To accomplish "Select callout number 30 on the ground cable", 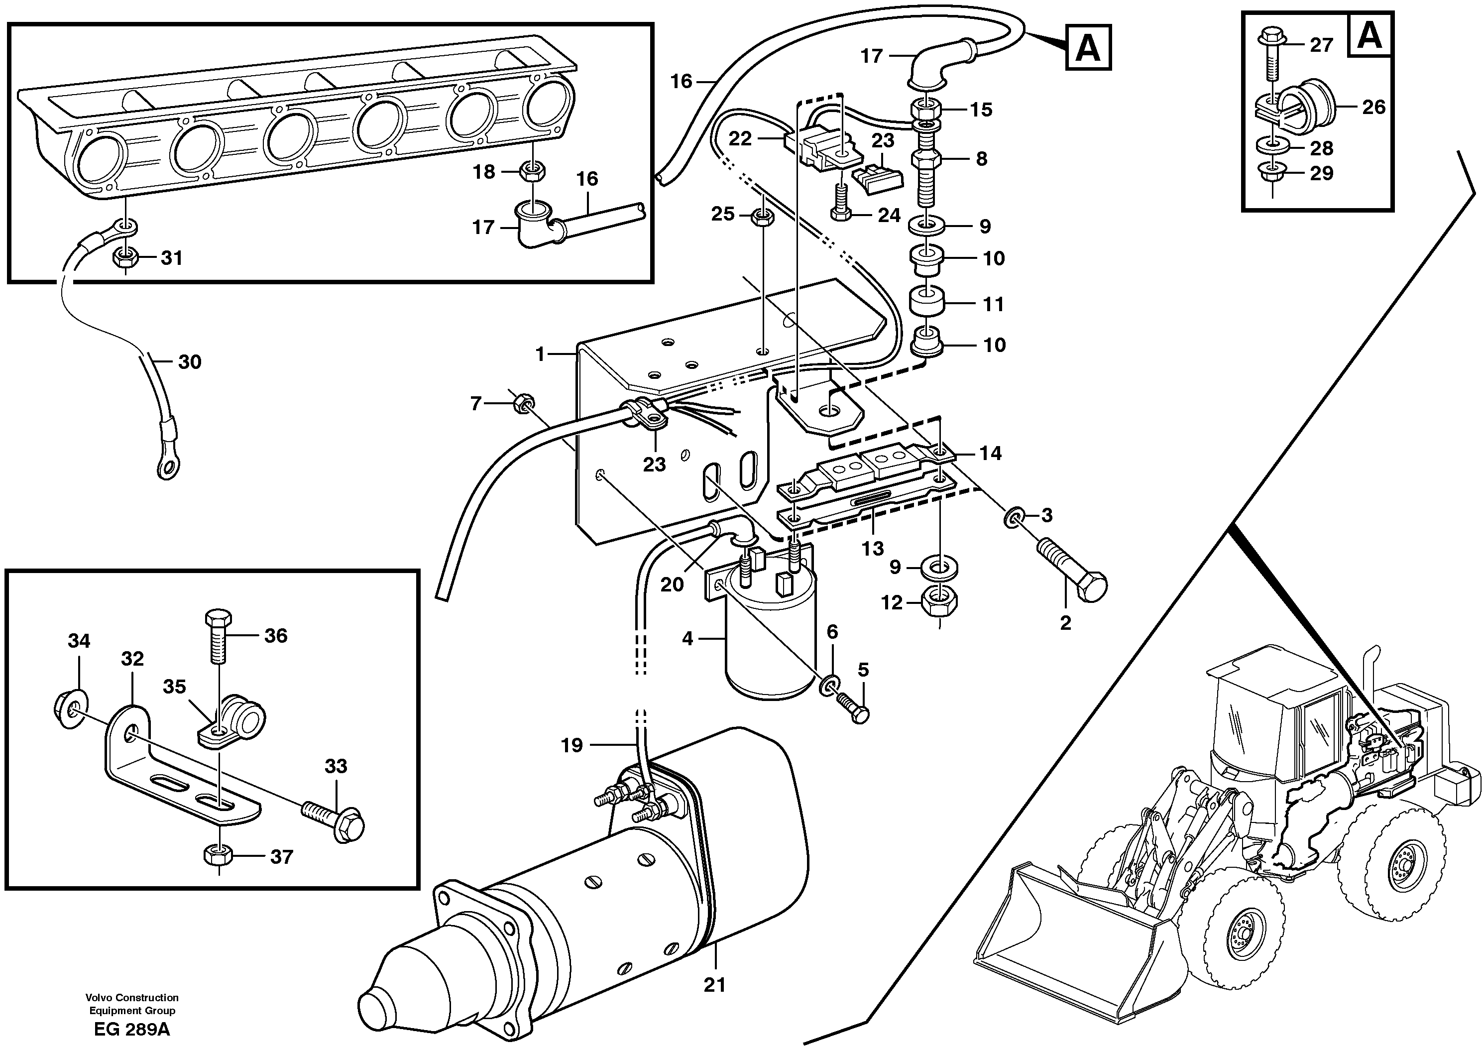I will tap(189, 362).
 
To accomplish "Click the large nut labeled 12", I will tap(939, 602).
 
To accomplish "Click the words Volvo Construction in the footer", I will tap(132, 998).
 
